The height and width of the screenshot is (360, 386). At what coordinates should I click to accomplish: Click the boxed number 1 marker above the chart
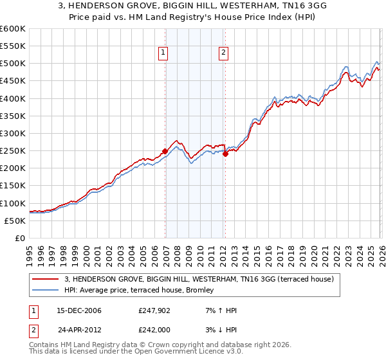163,53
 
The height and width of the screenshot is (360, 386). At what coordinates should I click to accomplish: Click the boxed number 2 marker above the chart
223,53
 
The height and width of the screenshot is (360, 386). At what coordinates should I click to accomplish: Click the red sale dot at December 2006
165,152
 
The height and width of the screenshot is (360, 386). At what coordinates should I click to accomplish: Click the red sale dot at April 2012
226,154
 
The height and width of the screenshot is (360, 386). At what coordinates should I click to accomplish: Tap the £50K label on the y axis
15,221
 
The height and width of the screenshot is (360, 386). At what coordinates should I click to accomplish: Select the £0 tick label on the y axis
21,238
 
